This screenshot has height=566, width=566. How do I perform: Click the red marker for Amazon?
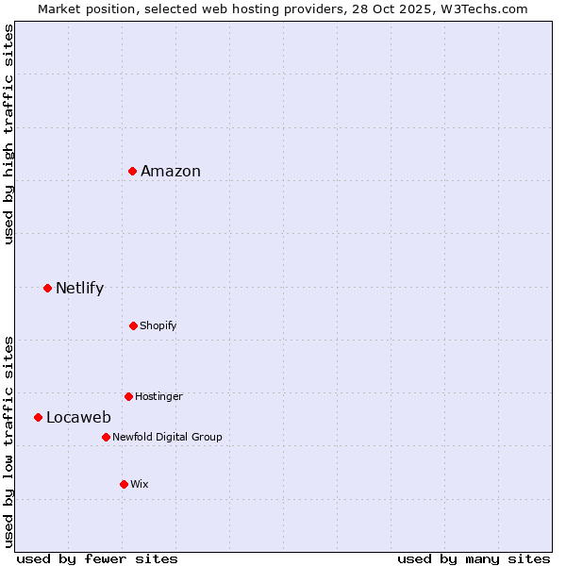pyautogui.click(x=133, y=171)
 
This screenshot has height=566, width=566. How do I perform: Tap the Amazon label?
pyautogui.click(x=171, y=172)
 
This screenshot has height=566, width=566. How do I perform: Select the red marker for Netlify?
pyautogui.click(x=47, y=288)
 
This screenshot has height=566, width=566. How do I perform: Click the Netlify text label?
pyautogui.click(x=79, y=289)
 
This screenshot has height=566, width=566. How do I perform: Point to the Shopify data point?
pyautogui.click(x=133, y=325)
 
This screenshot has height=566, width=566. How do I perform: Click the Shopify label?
pyautogui.click(x=158, y=326)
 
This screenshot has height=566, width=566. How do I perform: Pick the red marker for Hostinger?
pyautogui.click(x=128, y=396)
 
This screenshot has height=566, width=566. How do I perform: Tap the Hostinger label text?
pyautogui.click(x=158, y=397)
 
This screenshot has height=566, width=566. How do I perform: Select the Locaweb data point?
pyautogui.click(x=38, y=417)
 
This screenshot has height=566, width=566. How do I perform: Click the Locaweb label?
pyautogui.click(x=78, y=418)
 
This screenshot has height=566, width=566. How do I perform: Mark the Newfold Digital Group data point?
pyautogui.click(x=106, y=437)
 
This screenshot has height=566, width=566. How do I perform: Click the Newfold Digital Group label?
pyautogui.click(x=167, y=438)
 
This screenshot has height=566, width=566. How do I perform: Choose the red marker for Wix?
pyautogui.click(x=124, y=484)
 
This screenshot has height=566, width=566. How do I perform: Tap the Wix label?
pyautogui.click(x=140, y=485)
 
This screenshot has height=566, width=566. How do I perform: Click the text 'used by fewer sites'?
pyautogui.click(x=97, y=558)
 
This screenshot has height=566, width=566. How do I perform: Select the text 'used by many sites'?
pyautogui.click(x=474, y=558)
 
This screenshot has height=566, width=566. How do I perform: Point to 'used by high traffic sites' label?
pyautogui.click(x=8, y=134)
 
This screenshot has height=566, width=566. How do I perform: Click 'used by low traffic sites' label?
pyautogui.click(x=8, y=441)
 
